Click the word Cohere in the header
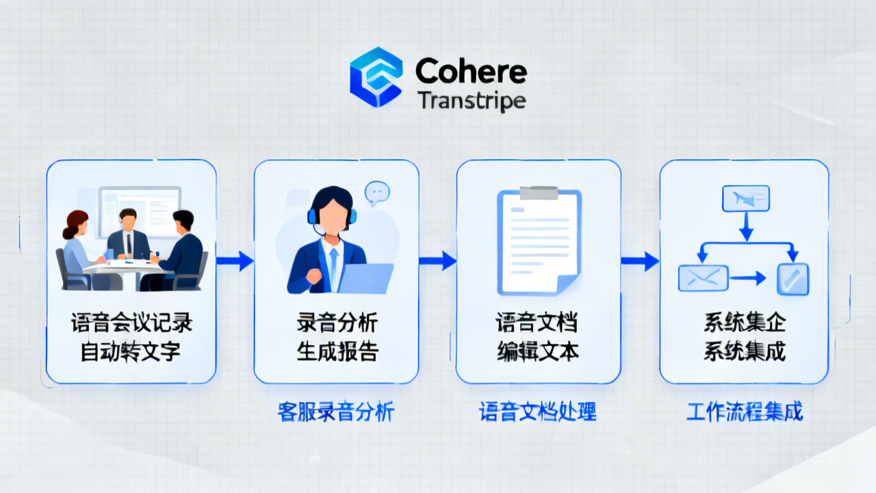pyautogui.click(x=471, y=71)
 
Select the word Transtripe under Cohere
pyautogui.click(x=471, y=101)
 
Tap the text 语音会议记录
pyautogui.click(x=131, y=323)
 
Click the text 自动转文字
pyautogui.click(x=131, y=351)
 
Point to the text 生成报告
pyautogui.click(x=337, y=351)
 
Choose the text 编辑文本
pyautogui.click(x=538, y=351)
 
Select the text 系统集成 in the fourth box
pyautogui.click(x=745, y=351)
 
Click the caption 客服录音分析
pyautogui.click(x=337, y=412)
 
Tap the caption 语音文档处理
pyautogui.click(x=538, y=412)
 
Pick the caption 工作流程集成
pyautogui.click(x=745, y=412)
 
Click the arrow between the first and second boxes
pyautogui.click(x=235, y=260)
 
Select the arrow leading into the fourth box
pyautogui.click(x=640, y=260)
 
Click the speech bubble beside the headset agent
pyautogui.click(x=377, y=192)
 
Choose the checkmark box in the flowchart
pyautogui.click(x=793, y=278)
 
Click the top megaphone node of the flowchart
pyautogui.click(x=746, y=199)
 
